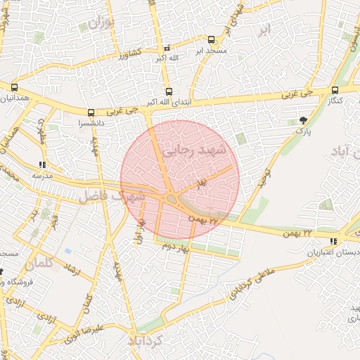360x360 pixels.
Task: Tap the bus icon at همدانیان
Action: pyautogui.click(x=14, y=87)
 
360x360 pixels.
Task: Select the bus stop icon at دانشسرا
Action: pyautogui.click(x=91, y=112)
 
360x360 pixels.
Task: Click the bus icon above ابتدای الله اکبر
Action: pyautogui.click(x=167, y=91)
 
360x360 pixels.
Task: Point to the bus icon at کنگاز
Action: pyautogui.click(x=335, y=90)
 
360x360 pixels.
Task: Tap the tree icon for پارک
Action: pyautogui.click(x=303, y=120)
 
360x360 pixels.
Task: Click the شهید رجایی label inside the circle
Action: pyautogui.click(x=193, y=150)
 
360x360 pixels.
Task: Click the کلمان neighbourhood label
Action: pyautogui.click(x=39, y=265)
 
